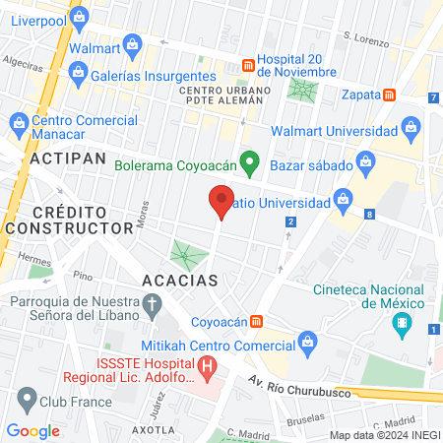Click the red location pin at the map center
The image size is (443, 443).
[x=221, y=200]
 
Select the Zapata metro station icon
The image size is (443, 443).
[x=391, y=95]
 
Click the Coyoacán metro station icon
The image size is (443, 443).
[x=257, y=320]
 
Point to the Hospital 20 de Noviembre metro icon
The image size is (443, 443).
[x=246, y=66]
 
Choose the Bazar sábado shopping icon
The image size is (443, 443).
[x=365, y=160]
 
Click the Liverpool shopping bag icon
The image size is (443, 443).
[x=80, y=16]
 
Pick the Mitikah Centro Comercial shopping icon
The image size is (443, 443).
[x=306, y=342]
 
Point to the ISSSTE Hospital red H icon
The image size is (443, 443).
[x=207, y=368]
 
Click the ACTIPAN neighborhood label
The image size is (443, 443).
[x=62, y=158]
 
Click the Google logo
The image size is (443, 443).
[x=32, y=430]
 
